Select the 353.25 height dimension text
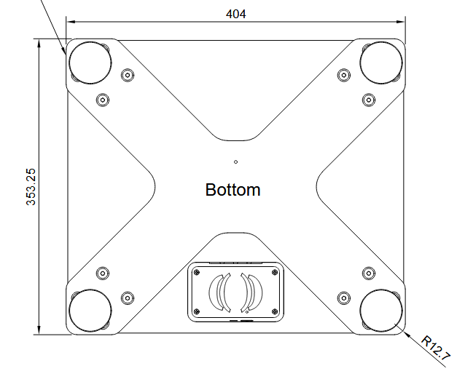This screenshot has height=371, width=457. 31,188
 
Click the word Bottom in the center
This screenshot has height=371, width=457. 233,191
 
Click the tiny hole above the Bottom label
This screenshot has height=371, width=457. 235,161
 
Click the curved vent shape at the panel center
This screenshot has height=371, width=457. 235,291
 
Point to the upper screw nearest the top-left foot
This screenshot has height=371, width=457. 128,75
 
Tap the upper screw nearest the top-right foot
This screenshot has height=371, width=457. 343,75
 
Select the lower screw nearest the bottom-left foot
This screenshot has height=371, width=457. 128,297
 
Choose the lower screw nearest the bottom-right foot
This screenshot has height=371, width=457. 343,297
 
